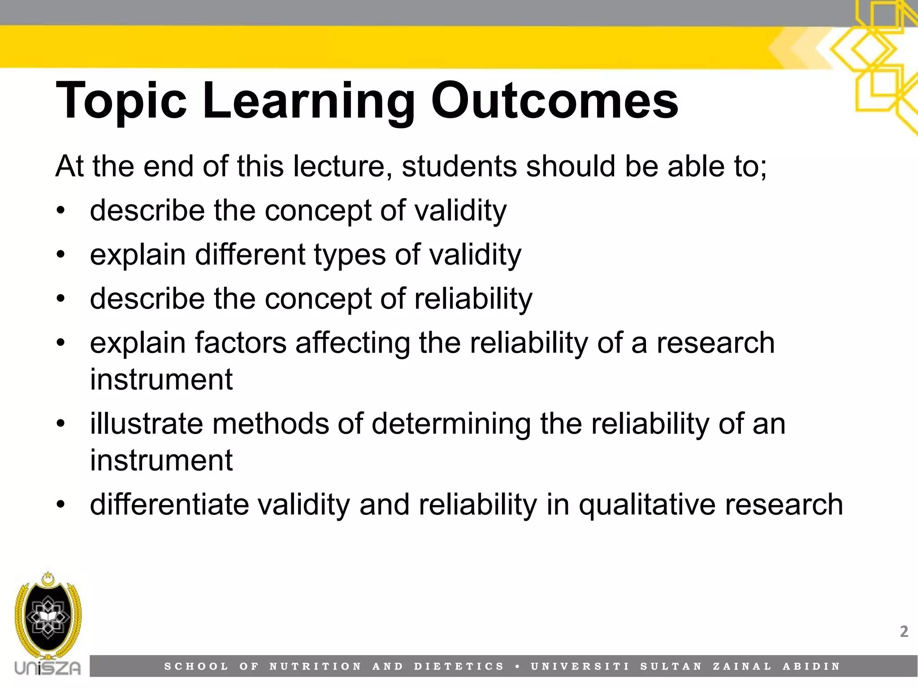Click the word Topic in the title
(121, 101)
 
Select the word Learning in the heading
(309, 101)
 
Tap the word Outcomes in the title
(554, 101)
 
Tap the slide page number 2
(904, 632)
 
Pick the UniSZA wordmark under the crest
(48, 668)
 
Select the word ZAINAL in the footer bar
(742, 667)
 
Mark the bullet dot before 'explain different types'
(61, 255)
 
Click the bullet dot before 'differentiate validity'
(61, 504)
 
